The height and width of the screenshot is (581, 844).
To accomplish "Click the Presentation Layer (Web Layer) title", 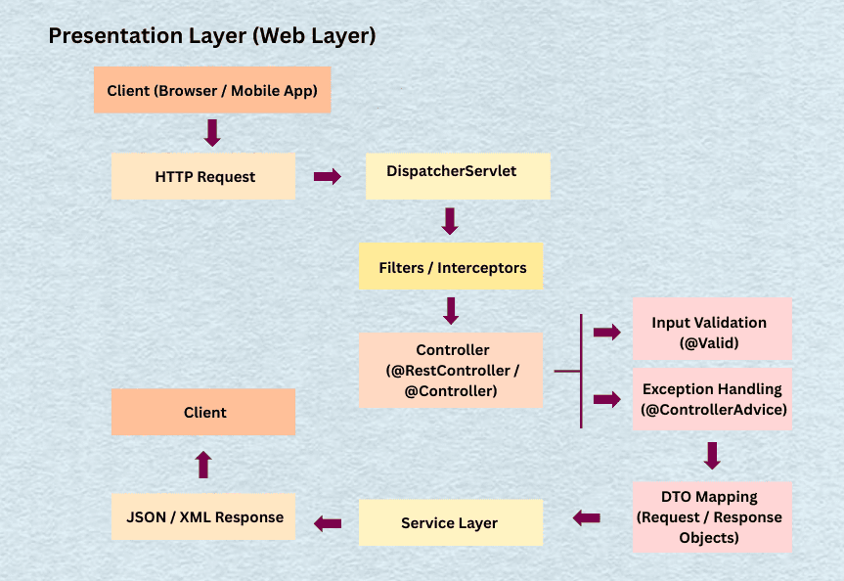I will (x=212, y=36).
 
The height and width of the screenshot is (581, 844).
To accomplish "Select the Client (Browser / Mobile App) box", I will (x=212, y=90).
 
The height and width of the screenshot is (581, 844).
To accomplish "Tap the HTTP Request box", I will (x=203, y=176).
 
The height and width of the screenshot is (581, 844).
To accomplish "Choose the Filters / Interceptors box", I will (x=451, y=266).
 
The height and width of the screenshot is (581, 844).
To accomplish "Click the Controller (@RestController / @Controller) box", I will (x=451, y=370).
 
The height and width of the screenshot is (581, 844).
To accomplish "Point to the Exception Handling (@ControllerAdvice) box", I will (x=712, y=399).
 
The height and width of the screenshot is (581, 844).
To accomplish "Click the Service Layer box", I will (x=451, y=522).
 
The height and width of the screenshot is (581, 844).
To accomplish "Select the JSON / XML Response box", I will (x=203, y=517).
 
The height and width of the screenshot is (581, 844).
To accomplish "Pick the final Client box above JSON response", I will (x=203, y=412).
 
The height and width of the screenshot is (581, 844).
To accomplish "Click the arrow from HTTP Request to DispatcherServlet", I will (x=327, y=177).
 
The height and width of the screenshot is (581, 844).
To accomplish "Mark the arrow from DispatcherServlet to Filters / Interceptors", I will (x=450, y=221).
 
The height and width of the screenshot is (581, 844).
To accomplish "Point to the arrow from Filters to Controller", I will (x=451, y=311).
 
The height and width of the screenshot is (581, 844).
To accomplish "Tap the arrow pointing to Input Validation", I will (x=607, y=333).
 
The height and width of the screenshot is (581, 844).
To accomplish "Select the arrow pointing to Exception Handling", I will (x=607, y=399).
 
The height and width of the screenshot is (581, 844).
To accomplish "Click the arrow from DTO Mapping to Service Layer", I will (x=587, y=518).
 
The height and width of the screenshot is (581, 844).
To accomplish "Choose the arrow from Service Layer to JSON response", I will (x=328, y=524).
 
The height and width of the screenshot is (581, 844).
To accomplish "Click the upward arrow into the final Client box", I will (x=203, y=464).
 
